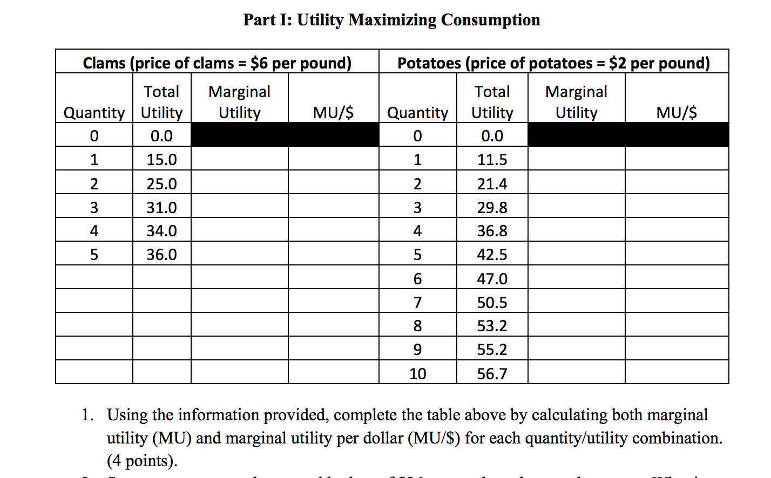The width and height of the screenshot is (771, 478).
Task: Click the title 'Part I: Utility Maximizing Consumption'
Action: pos(391,20)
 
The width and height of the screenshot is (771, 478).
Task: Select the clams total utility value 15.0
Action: pos(161,160)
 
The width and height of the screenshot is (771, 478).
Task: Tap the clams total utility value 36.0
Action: pos(161,255)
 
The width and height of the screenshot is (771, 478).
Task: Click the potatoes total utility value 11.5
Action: pos(492,160)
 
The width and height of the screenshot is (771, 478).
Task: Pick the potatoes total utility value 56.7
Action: pos(492,373)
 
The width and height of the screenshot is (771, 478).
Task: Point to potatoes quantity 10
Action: pos(417,373)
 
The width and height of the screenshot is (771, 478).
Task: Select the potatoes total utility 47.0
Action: pos(492,279)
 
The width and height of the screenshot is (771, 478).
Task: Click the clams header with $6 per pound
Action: pos(217,63)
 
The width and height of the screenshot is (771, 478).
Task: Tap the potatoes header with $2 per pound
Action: pos(553,63)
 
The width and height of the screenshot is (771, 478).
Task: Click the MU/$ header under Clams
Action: pos(333,113)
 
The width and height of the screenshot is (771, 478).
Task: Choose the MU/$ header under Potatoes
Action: pos(676,113)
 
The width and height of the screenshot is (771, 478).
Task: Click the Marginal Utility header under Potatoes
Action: pos(576,102)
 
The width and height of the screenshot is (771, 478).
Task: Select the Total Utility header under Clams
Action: pos(161,102)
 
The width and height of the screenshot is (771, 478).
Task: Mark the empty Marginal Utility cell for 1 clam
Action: pos(239,160)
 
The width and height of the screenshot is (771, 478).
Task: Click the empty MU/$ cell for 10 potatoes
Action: pos(677,373)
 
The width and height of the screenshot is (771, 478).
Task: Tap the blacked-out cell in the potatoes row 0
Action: pos(628,135)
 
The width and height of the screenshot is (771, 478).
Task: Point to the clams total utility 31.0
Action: pos(161,208)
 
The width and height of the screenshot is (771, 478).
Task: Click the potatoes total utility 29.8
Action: pos(492,208)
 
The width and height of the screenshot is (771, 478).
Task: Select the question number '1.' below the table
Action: pos(87,415)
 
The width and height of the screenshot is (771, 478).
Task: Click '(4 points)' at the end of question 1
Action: pos(142,461)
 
